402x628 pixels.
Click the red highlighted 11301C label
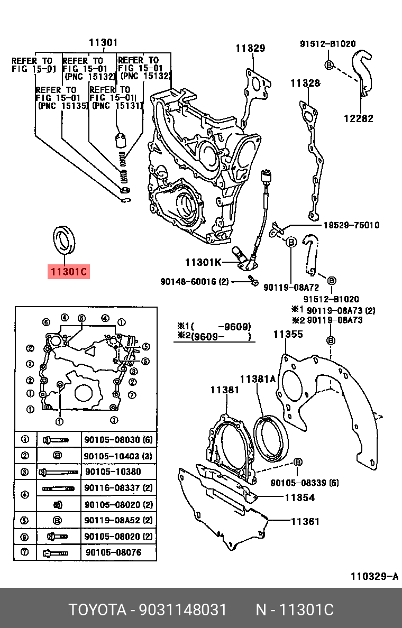coord(68,272)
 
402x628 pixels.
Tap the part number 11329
coord(250,48)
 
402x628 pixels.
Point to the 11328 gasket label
coord(305,83)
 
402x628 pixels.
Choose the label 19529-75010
coord(344,225)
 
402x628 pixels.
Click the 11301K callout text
coord(203,262)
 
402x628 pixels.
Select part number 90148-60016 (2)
coord(194,282)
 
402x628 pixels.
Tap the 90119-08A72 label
coord(291,287)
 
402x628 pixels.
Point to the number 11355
coord(288,334)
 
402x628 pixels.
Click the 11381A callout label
coord(258,379)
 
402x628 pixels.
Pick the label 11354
coord(299,497)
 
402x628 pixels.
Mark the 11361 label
coord(305,521)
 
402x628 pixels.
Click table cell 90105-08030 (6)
coord(118,440)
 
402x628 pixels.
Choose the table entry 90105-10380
coord(113,472)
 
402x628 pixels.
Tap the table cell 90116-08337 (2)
coord(118,488)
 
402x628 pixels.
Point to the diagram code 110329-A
coord(374,576)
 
